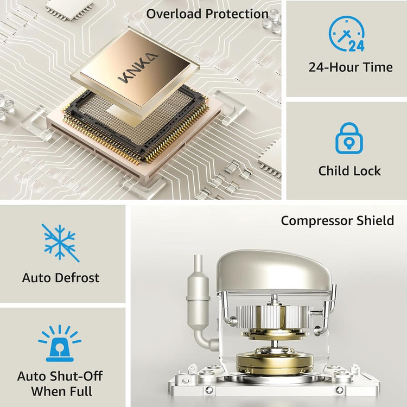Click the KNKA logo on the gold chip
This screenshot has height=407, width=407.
138,67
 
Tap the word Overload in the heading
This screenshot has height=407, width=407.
174,14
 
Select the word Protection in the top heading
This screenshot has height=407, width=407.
237,14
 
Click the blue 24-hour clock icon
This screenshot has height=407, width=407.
347,34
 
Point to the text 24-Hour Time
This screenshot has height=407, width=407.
351,67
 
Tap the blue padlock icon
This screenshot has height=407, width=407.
349,138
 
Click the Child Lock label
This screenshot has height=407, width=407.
349,171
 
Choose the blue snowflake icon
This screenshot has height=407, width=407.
60,243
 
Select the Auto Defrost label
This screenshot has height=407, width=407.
61,277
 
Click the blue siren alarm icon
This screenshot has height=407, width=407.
60,343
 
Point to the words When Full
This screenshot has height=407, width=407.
61,391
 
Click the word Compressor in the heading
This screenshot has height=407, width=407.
317,221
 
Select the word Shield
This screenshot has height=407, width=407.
375,221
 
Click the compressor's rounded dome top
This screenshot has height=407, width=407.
274,270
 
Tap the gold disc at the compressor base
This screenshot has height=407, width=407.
275,360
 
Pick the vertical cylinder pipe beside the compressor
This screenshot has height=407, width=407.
198,298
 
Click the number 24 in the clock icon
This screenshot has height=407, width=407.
357,46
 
